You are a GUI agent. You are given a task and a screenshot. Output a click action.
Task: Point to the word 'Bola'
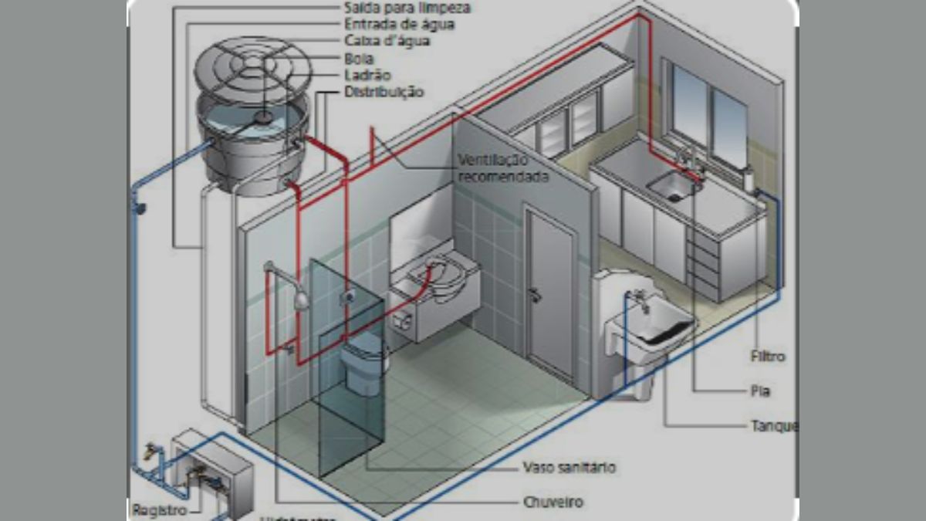tap(360, 59)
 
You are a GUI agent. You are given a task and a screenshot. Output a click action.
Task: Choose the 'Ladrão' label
tap(368, 76)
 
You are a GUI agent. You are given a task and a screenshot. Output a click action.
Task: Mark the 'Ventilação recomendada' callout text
tap(503, 168)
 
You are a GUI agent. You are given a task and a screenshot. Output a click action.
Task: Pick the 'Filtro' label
tap(767, 357)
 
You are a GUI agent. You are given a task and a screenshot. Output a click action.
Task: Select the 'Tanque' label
tap(773, 426)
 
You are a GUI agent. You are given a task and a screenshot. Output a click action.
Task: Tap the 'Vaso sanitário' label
tap(569, 468)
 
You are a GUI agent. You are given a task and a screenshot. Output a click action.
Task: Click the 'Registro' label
tap(161, 510)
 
